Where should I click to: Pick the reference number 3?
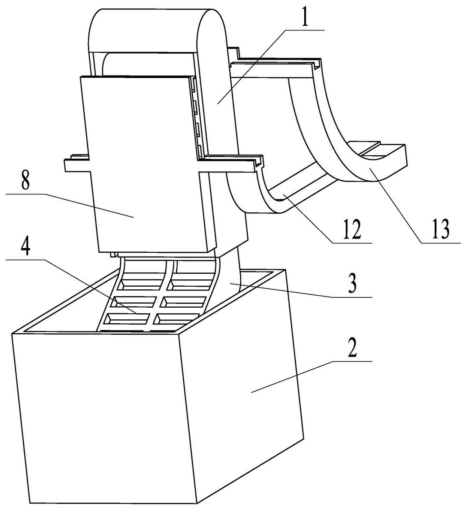tap(351, 285)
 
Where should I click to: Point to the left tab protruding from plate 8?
tap(75, 164)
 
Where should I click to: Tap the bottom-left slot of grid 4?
tap(127, 318)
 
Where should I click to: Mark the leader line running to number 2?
tap(309, 372)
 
